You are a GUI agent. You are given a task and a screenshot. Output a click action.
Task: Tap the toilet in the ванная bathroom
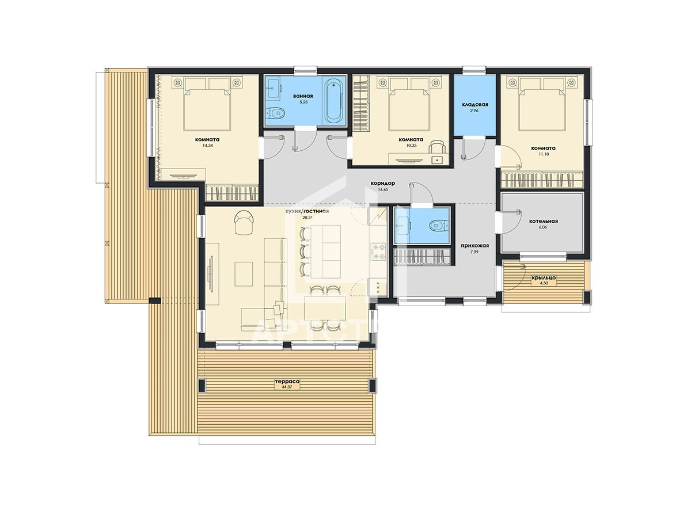click(275, 112)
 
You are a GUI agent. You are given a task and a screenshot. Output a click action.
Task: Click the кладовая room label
click(474, 104)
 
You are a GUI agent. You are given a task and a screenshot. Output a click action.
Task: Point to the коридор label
click(382, 183)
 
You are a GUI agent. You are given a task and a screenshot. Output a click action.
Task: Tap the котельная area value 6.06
click(542, 227)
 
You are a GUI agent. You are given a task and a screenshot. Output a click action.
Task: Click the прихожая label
click(474, 246)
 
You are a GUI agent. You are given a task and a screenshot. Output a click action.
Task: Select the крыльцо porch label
click(544, 278)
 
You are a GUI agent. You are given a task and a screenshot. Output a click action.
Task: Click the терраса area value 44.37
click(287, 387)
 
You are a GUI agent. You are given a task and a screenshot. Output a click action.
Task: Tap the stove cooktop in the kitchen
click(379, 252)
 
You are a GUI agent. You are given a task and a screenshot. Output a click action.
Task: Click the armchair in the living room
click(244, 222)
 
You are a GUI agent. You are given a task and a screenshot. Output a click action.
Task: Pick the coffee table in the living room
click(244, 273)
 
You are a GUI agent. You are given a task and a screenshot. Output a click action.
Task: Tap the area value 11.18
click(544, 154)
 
